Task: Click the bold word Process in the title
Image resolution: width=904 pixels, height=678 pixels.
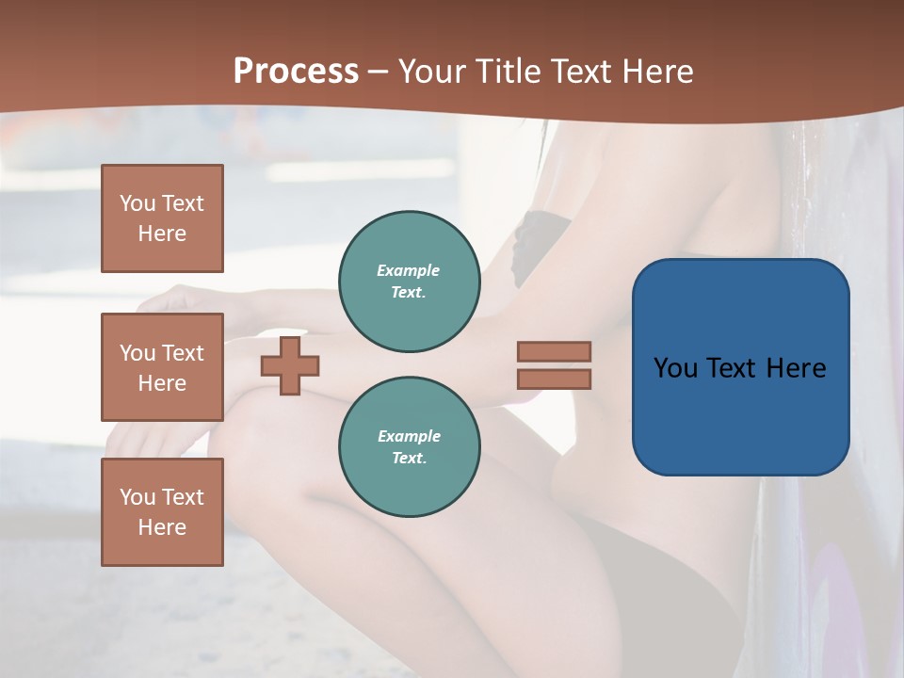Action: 296,72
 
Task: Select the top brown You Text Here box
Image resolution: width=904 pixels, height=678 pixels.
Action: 162,218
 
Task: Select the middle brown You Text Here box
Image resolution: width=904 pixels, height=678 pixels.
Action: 162,367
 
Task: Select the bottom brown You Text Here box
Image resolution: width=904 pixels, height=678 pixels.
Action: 162,512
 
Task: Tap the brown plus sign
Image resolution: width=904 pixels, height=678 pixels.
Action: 290,365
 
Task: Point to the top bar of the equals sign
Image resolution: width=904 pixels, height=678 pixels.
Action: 554,351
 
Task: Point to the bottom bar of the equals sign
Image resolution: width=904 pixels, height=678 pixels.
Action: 554,379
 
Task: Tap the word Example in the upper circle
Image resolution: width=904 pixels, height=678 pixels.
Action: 409,270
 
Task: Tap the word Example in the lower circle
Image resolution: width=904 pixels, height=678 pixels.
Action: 409,436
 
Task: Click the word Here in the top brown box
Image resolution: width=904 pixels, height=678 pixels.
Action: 162,234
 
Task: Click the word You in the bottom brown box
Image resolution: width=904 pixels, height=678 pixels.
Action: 137,497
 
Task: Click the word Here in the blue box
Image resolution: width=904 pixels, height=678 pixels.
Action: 796,368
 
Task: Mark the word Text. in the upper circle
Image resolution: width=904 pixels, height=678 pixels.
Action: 409,292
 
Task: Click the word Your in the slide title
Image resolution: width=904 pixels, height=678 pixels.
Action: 433,72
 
